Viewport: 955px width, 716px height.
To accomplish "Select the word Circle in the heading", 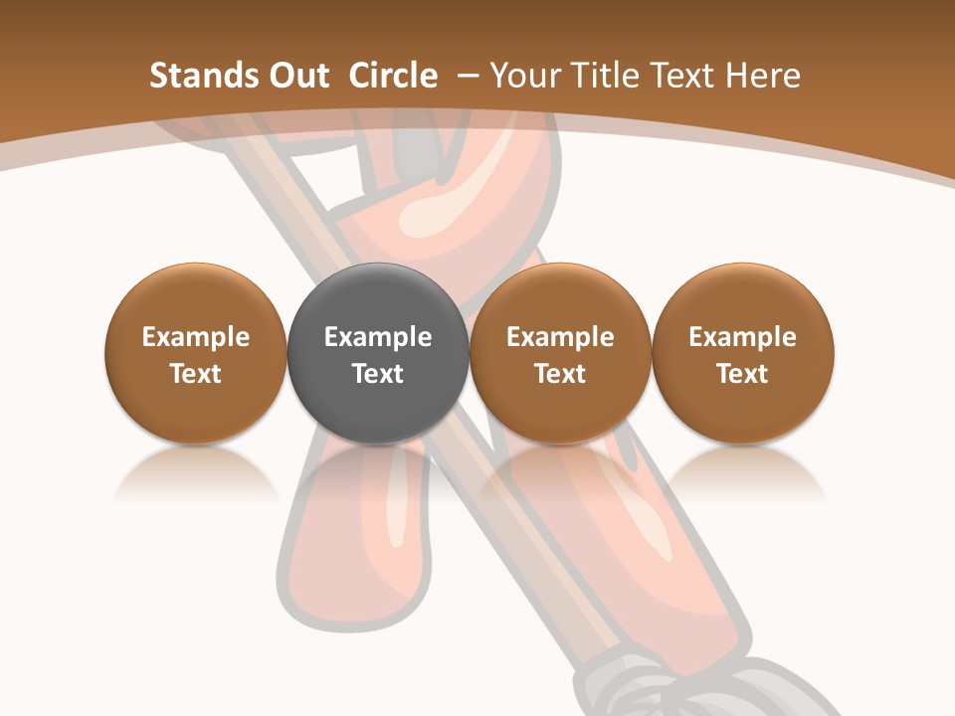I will tap(393, 76).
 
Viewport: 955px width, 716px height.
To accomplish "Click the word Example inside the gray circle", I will tap(378, 337).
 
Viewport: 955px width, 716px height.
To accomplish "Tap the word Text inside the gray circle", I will tap(378, 374).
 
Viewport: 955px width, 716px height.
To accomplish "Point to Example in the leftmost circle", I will tap(196, 337).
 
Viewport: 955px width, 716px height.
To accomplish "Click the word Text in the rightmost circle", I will tap(743, 374).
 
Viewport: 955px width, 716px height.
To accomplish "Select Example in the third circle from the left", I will tap(560, 337).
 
